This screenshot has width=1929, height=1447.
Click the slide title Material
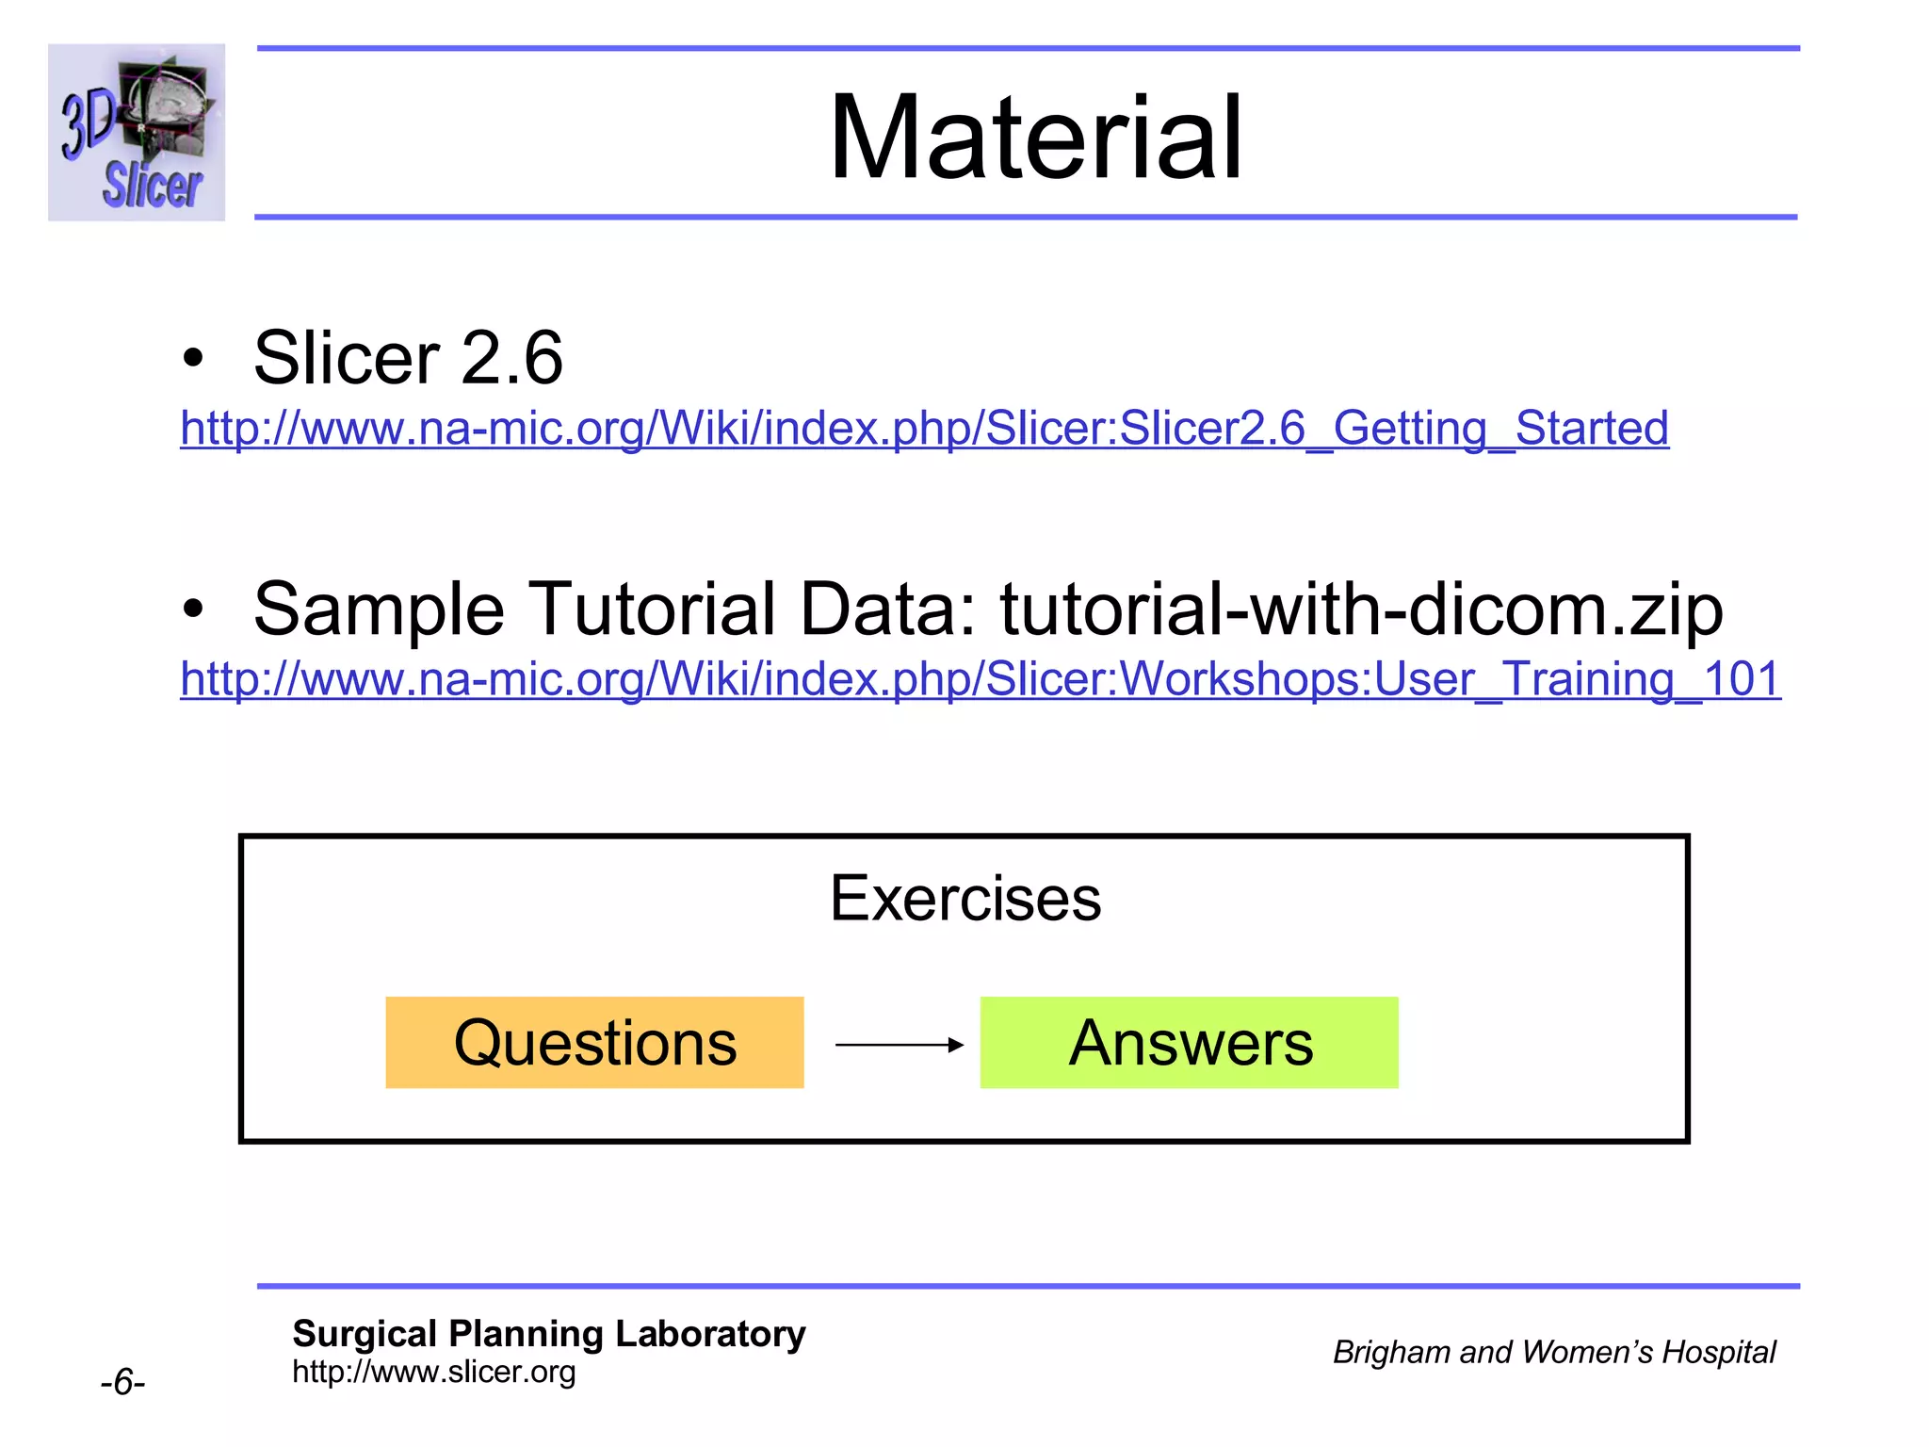1035,138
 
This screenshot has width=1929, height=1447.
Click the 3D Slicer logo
137,132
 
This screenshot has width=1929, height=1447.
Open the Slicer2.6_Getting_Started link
924,429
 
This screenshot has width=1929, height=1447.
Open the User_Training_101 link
981,679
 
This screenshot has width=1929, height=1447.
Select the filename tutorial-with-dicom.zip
1361,610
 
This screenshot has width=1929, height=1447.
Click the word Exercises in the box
964,898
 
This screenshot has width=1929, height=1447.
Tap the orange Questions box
594,1043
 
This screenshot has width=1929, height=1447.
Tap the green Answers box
1189,1043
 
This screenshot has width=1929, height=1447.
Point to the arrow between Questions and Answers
899,1044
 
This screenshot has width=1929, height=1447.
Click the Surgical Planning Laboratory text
548,1334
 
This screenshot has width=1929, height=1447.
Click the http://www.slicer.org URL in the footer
433,1372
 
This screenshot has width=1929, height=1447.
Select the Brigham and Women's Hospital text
1553,1352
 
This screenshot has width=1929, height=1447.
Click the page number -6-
122,1383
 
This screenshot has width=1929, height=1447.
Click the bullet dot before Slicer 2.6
193,359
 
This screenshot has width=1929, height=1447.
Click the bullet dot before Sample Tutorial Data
193,610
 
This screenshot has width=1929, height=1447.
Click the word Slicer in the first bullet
346,358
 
